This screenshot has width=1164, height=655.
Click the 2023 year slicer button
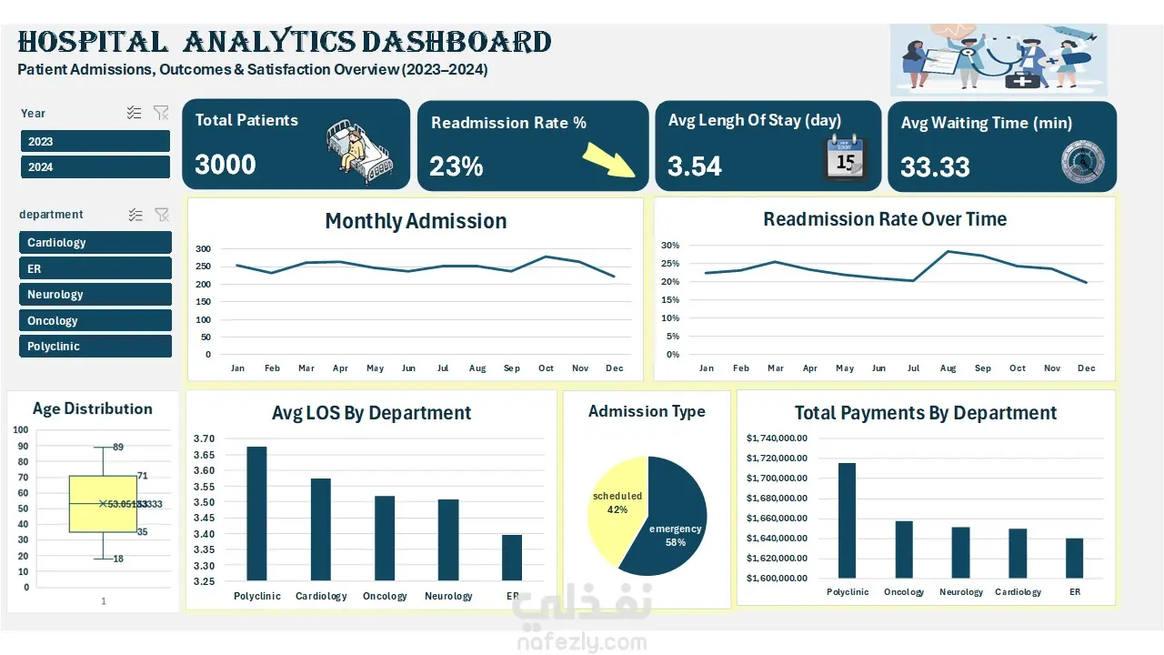[x=95, y=141]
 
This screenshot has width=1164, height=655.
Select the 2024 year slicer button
[x=95, y=167]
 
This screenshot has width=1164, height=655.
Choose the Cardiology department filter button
[x=95, y=243]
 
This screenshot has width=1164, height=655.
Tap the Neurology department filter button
[x=95, y=295]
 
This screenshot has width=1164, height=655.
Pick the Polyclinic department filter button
[x=95, y=347]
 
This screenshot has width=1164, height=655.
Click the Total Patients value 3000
[x=226, y=165]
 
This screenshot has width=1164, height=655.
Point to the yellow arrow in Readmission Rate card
[x=609, y=159]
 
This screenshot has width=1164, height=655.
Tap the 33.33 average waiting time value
[x=935, y=167]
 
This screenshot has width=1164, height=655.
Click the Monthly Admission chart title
[x=416, y=221]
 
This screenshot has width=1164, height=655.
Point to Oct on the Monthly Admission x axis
[x=546, y=368]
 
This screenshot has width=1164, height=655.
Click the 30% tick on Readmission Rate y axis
[x=670, y=246]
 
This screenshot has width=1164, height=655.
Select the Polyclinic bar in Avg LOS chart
[x=257, y=513]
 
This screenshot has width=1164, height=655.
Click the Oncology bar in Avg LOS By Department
[x=385, y=538]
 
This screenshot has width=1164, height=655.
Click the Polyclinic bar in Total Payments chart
[x=847, y=519]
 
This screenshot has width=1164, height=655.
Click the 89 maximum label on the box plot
[x=118, y=448]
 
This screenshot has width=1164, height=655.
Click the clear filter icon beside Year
[x=161, y=113]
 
